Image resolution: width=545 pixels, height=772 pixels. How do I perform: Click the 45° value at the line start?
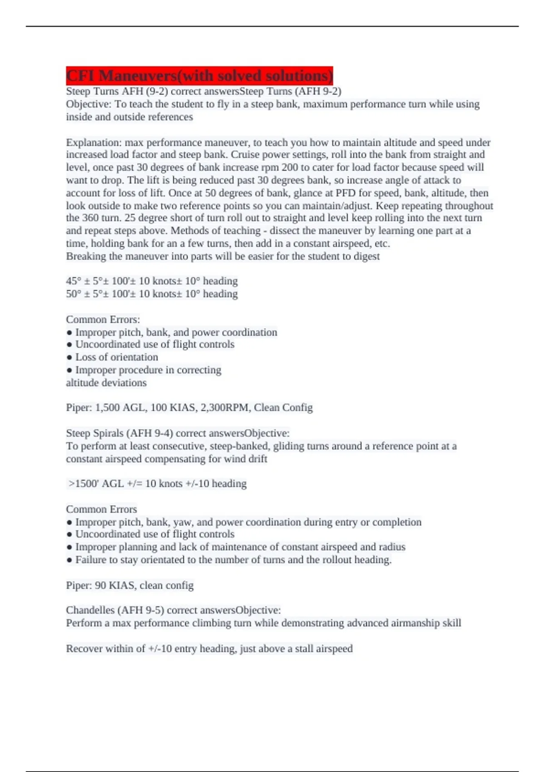74,281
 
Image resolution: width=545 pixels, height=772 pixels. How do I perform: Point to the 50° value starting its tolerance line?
74,294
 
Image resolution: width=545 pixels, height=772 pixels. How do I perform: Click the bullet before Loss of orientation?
69,358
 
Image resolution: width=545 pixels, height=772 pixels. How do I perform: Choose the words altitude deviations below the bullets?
106,383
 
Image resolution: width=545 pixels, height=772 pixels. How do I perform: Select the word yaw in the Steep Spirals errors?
182,522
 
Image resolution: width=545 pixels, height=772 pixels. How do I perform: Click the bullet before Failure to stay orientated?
69,560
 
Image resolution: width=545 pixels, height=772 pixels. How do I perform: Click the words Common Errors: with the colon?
103,319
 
